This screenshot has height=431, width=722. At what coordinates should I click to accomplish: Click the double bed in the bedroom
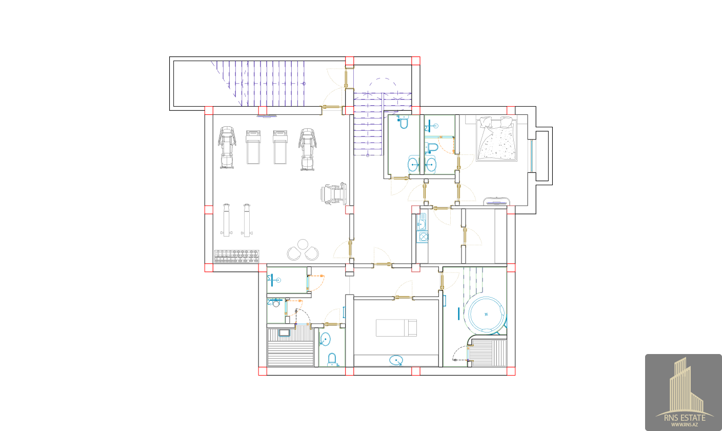coord(496,139)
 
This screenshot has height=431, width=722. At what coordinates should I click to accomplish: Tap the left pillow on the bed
coord(486,122)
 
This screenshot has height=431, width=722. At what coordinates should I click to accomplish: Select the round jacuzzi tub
coord(487,315)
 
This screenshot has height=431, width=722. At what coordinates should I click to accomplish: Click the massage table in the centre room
coord(396,328)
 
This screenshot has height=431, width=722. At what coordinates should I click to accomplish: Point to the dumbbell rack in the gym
coord(237,256)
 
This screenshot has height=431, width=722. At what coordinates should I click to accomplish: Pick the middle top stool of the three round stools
coord(303,244)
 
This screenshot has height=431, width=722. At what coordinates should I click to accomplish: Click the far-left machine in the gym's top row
coord(227,147)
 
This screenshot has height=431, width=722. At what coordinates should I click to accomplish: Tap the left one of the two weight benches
coord(226,220)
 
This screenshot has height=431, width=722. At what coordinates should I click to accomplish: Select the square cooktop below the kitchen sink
coord(423,237)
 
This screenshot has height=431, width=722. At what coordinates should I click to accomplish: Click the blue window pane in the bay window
coord(532,156)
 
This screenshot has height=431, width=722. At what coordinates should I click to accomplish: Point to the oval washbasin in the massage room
coord(396,360)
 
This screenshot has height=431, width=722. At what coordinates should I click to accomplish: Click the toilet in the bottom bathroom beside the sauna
coord(332,359)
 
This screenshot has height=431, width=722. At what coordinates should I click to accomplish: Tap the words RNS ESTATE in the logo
coord(685,418)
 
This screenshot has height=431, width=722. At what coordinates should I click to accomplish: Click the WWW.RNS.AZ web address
coord(685,425)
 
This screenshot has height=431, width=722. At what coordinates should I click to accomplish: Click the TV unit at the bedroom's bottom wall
coord(496,201)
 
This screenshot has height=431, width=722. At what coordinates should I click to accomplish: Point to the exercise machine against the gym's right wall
coord(334,193)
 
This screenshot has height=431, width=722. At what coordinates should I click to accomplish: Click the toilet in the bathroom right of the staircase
coord(404,123)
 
